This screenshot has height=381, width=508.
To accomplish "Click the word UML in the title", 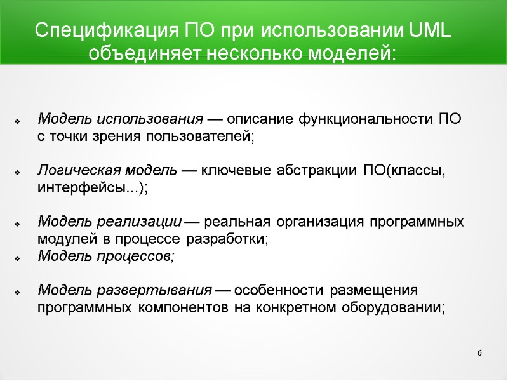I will pos(431,30).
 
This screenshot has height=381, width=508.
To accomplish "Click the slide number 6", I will pos(479,352).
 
